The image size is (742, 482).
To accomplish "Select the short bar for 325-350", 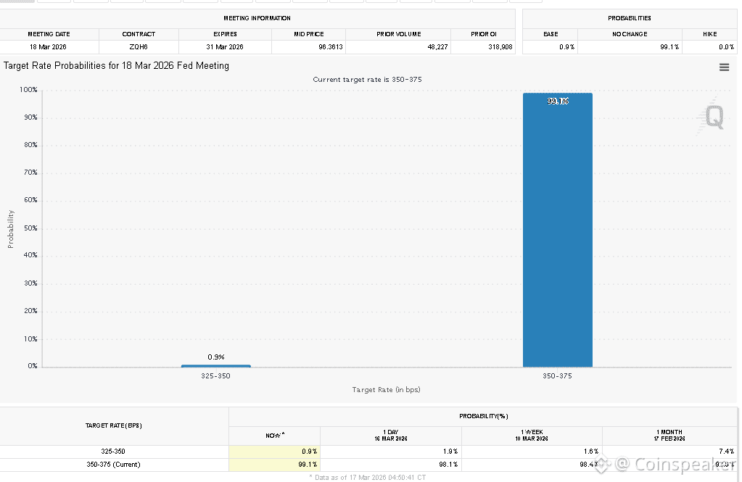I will pyautogui.click(x=215, y=365).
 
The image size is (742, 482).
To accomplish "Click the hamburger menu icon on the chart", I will pyautogui.click(x=724, y=67).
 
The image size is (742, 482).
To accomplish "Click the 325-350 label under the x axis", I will pyautogui.click(x=215, y=375).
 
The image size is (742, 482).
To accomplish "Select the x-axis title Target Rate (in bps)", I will pyautogui.click(x=386, y=390).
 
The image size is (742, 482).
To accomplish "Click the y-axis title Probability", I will pyautogui.click(x=11, y=229).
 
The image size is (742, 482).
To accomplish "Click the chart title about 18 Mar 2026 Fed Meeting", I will pyautogui.click(x=116, y=66).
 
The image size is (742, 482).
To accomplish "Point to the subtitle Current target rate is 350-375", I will pyautogui.click(x=367, y=79).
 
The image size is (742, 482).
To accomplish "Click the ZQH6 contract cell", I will pyautogui.click(x=139, y=47).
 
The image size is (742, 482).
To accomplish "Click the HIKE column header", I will pyautogui.click(x=709, y=34).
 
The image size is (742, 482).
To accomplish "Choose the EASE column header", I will pyautogui.click(x=551, y=34).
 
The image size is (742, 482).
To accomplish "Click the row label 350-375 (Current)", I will pyautogui.click(x=113, y=465).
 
